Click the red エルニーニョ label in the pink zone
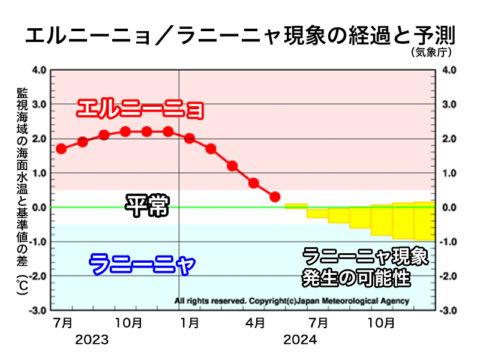pyautogui.click(x=140, y=110)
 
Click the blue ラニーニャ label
pyautogui.click(x=142, y=263)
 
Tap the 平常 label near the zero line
pyautogui.click(x=147, y=206)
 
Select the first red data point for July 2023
pyautogui.click(x=61, y=149)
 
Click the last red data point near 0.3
pyautogui.click(x=275, y=197)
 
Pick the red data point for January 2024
pyautogui.click(x=190, y=139)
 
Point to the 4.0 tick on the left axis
pyautogui.click(x=39, y=70)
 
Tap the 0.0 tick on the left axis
pyautogui.click(x=39, y=208)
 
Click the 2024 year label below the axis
pyautogui.click(x=299, y=340)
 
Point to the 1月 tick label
pyautogui.click(x=190, y=323)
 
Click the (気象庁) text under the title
pyautogui.click(x=431, y=53)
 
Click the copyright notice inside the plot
pyautogui.click(x=292, y=301)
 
